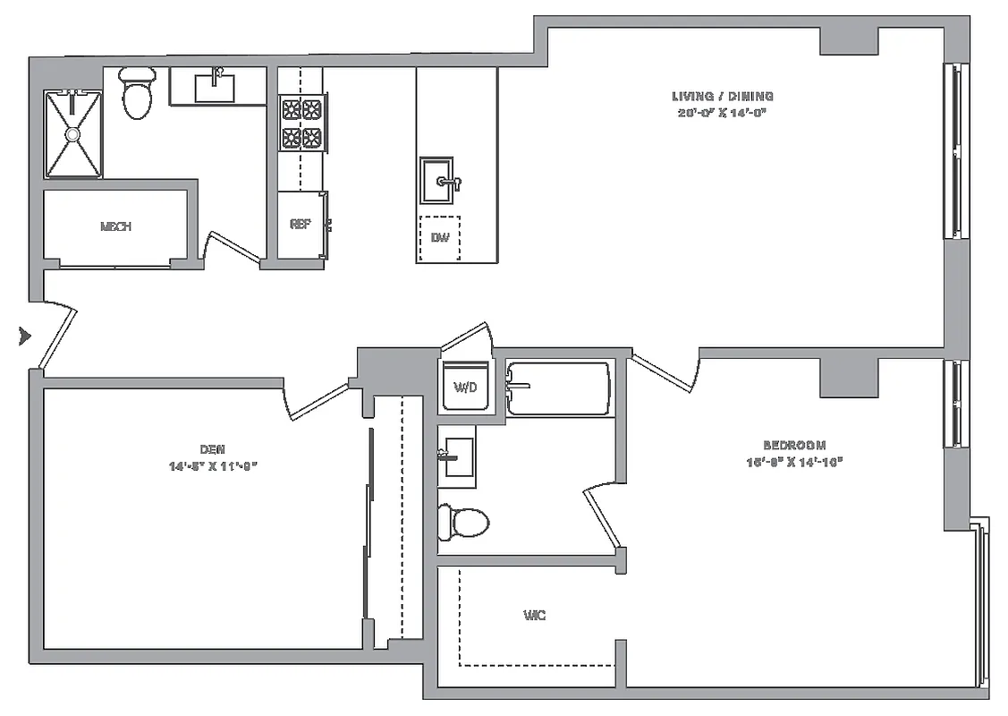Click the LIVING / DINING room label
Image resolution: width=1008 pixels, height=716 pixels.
[x=722, y=96]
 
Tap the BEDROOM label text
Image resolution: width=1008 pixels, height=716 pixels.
[x=793, y=445]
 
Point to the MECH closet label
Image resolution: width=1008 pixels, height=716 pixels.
[x=116, y=227]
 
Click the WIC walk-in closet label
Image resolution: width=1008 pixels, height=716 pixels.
[x=534, y=616]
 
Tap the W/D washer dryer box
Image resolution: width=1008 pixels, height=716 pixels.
[x=465, y=388]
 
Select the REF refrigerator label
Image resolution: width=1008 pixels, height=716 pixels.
[x=300, y=225]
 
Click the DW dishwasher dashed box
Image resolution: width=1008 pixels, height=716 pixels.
[x=439, y=238]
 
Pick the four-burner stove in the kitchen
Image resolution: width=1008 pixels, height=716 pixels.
[x=301, y=124]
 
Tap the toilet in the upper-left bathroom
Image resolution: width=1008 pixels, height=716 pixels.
[x=137, y=94]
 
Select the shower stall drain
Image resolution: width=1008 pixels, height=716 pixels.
[x=72, y=133]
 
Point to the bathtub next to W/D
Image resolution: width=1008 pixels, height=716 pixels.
[x=559, y=388]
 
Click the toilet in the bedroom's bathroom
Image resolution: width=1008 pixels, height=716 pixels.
[x=463, y=522]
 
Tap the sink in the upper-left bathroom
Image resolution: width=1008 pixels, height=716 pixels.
[x=215, y=88]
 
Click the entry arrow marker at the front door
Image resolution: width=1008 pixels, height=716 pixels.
[x=25, y=337]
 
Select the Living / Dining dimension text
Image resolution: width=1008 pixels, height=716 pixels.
[x=722, y=113]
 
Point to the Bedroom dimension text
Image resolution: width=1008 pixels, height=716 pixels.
[x=793, y=462]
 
